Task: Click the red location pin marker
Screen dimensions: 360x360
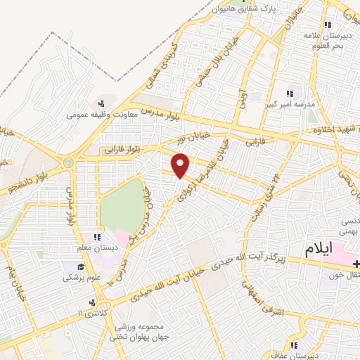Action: (181, 165)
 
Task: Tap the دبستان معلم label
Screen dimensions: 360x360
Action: (95, 248)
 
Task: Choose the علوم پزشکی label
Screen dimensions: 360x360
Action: (82, 278)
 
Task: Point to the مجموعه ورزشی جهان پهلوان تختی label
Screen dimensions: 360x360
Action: (136, 333)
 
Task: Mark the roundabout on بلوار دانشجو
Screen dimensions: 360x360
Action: (68, 163)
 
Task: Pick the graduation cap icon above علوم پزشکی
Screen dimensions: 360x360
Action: (82, 266)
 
